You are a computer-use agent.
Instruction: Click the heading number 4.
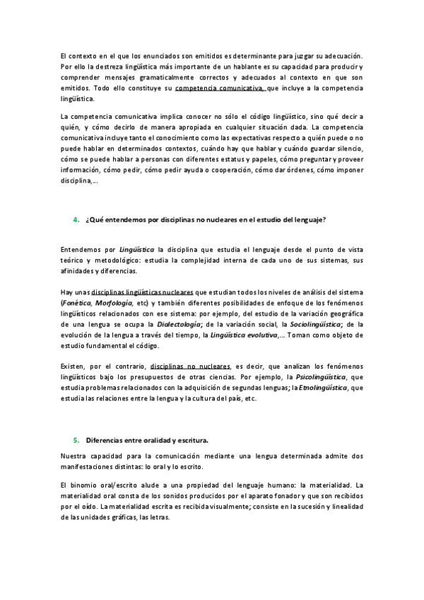(76, 220)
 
